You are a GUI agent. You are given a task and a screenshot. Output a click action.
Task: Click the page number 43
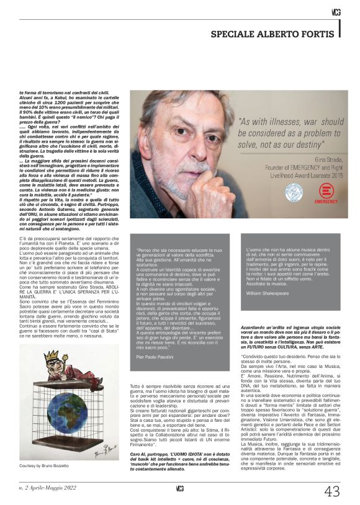(x=333, y=491)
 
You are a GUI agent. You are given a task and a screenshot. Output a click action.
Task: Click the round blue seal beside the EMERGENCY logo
(x=294, y=192)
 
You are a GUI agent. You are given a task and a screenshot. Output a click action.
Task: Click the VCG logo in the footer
(x=179, y=488)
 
